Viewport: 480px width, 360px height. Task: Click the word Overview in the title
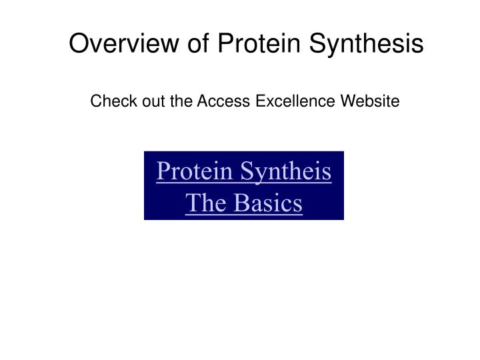click(122, 44)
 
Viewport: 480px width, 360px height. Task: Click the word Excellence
click(289, 101)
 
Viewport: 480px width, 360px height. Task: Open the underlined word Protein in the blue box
click(195, 172)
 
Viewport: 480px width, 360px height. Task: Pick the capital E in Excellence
click(257, 101)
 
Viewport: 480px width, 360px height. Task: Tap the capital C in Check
click(96, 101)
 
